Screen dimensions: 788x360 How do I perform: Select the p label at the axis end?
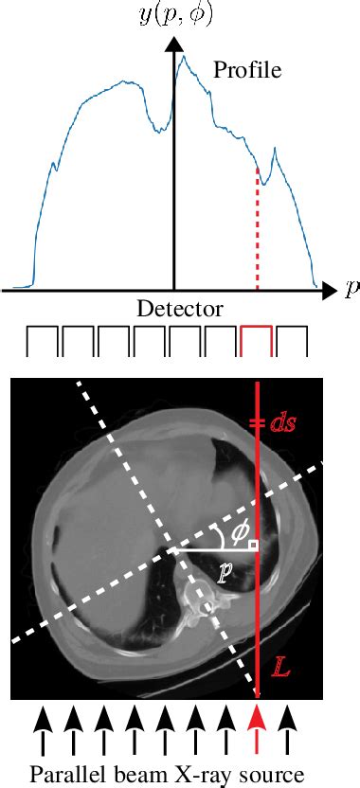351,290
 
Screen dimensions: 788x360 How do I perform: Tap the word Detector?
180,310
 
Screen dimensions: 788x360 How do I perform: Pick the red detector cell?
257,341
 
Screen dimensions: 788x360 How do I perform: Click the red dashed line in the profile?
257,227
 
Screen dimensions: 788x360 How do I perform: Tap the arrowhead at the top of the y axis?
174,46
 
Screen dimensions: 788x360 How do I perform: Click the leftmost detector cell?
42,341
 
